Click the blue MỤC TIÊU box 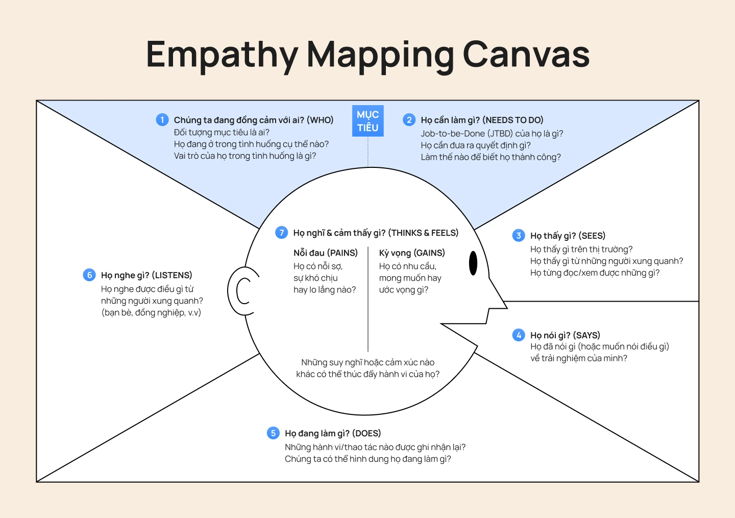[x=367, y=121]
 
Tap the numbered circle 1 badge [x=162, y=120]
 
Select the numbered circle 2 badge [x=409, y=120]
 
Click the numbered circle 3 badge [x=519, y=235]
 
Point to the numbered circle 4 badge [x=519, y=335]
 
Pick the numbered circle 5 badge [x=273, y=433]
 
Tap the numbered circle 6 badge [x=89, y=275]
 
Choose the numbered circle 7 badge [x=281, y=233]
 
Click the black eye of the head [x=473, y=263]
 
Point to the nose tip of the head [x=505, y=307]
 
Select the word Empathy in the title [x=222, y=55]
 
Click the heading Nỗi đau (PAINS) [x=325, y=253]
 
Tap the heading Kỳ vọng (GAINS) [x=412, y=253]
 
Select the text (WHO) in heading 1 [x=320, y=120]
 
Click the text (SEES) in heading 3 [x=592, y=236]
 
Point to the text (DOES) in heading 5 [x=366, y=433]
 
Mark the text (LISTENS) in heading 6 [x=172, y=275]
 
